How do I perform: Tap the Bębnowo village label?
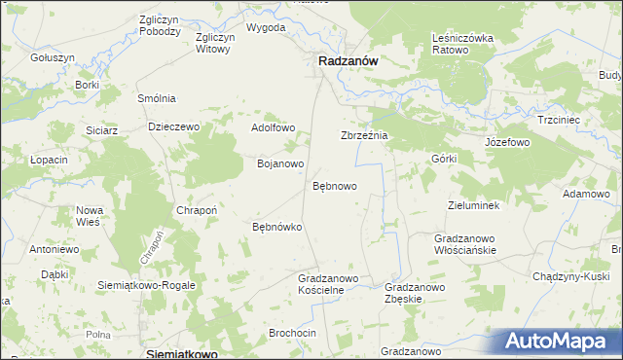click(x=334, y=185)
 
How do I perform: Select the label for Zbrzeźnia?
click(x=363, y=136)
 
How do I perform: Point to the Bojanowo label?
click(x=280, y=163)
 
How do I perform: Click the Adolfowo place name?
click(x=273, y=127)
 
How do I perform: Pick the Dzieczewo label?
click(x=173, y=126)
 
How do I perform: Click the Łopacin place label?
click(x=48, y=160)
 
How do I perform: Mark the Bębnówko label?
click(x=276, y=227)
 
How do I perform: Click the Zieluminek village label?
click(x=472, y=206)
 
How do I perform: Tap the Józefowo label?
click(x=506, y=142)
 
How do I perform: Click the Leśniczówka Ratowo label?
click(x=457, y=43)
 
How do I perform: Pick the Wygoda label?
click(x=266, y=27)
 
